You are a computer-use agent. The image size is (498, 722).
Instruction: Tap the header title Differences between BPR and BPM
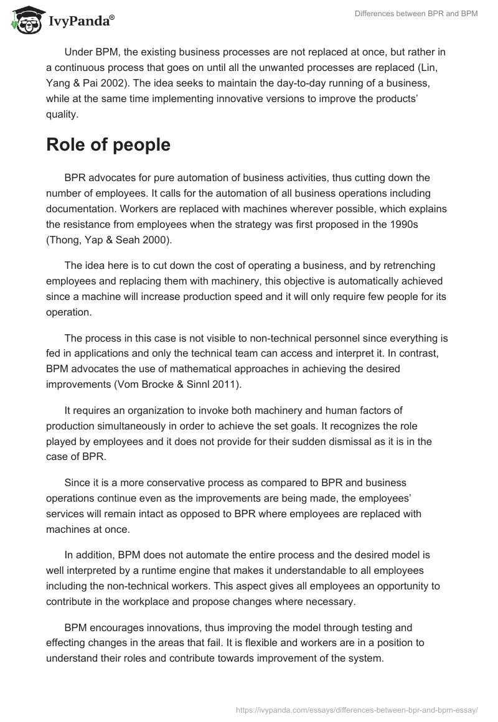(416, 14)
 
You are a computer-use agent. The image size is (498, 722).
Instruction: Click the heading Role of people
(108, 144)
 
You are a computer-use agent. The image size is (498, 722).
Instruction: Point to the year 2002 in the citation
(328, 67)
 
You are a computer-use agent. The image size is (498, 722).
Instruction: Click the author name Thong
(64, 238)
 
